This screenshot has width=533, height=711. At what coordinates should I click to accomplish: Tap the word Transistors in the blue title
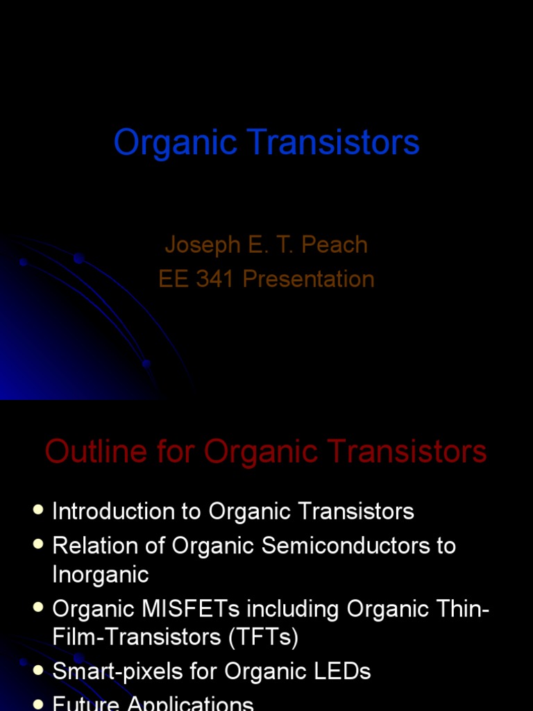tap(337, 142)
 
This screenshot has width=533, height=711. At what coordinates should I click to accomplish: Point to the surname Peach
tap(337, 244)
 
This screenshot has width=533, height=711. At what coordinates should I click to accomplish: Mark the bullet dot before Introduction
tap(38, 510)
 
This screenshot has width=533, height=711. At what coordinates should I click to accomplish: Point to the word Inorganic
tap(101, 574)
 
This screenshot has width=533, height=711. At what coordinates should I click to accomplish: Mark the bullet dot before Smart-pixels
tap(38, 670)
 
